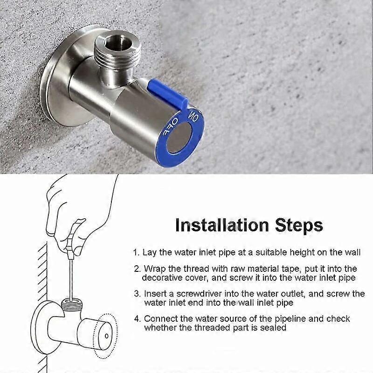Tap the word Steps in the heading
click(298, 225)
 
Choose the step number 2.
click(136, 269)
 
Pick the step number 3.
click(136, 294)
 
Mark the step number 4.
click(136, 319)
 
